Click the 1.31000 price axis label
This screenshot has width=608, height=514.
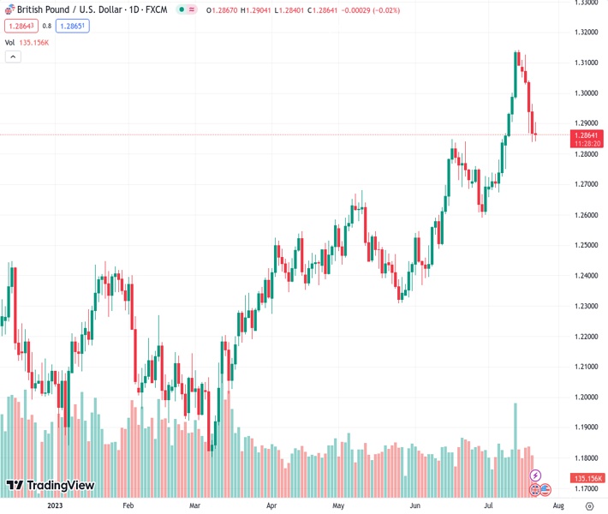point(587,63)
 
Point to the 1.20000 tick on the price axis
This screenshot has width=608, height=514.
point(587,397)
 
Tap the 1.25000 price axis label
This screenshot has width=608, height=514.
point(587,245)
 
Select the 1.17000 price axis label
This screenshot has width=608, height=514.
point(587,489)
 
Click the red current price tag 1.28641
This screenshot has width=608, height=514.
point(589,134)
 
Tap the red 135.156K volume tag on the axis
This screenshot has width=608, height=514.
point(589,478)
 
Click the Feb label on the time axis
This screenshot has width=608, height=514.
point(128,505)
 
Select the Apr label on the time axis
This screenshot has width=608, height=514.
point(271,505)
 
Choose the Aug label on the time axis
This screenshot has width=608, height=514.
point(559,505)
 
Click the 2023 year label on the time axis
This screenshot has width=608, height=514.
point(56,505)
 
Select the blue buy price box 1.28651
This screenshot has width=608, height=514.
point(73,26)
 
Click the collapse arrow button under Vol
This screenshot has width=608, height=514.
point(13,57)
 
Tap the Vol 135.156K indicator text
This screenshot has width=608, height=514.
point(27,42)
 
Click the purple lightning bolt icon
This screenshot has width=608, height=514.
point(536,475)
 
